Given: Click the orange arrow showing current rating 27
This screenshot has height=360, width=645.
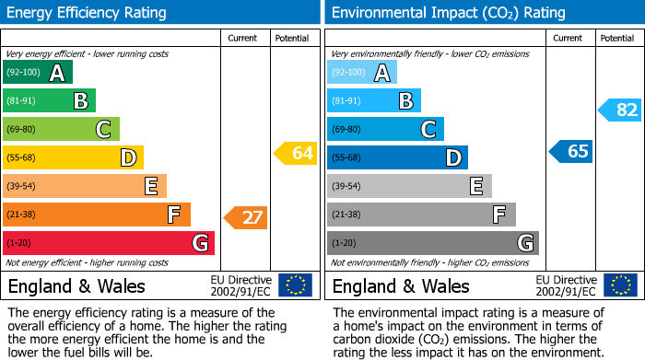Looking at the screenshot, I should (246, 218).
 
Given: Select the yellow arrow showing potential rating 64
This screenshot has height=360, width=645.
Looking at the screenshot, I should (296, 154).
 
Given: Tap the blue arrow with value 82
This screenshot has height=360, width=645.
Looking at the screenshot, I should (620, 110).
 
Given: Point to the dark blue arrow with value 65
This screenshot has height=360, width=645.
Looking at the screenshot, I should (571, 152).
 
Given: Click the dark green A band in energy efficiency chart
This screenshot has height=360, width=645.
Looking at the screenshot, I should (37, 74).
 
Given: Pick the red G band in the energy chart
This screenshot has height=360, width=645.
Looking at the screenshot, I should (108, 243).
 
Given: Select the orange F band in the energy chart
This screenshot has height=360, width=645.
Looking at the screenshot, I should (96, 215).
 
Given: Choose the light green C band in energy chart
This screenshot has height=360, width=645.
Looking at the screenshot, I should (61, 129).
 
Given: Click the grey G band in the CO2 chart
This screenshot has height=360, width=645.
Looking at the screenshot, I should (432, 243).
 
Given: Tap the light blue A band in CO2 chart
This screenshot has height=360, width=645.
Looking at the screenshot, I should (362, 73).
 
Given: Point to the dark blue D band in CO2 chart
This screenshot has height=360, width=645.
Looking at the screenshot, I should (397, 157).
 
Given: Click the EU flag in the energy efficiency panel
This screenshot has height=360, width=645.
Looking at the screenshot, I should (295, 285).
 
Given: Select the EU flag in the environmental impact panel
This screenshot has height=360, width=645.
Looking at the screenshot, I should (620, 285).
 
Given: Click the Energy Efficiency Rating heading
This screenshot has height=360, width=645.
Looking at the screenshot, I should (88, 13).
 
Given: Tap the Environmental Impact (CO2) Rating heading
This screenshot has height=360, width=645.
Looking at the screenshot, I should (448, 13).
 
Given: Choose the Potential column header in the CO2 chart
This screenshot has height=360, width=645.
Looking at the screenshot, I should (616, 38).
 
